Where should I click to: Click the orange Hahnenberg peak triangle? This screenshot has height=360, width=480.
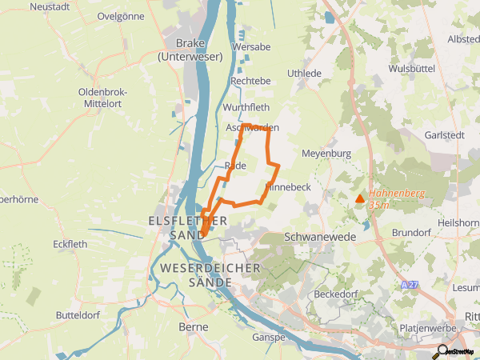pos(360,198)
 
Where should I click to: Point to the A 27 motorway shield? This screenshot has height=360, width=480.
pos(410,285)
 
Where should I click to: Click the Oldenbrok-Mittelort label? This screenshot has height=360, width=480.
pos(104,98)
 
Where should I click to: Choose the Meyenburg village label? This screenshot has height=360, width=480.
pos(326,153)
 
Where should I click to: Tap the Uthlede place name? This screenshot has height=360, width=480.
pos(303,73)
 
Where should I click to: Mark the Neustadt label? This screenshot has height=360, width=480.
pos(50,6)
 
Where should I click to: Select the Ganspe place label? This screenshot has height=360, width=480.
pos(269,338)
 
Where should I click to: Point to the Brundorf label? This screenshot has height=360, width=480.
pos(412,233)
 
